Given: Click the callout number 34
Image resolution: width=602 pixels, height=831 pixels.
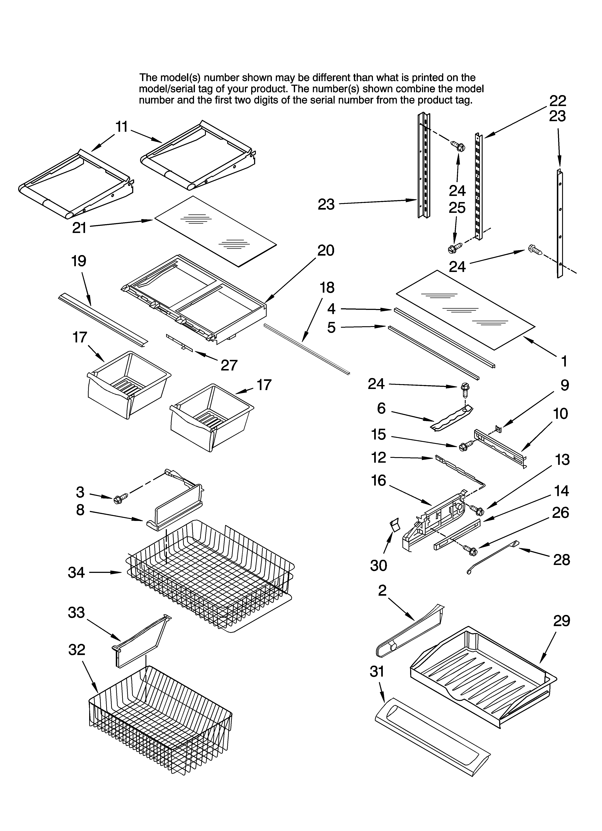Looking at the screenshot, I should pyautogui.click(x=76, y=572).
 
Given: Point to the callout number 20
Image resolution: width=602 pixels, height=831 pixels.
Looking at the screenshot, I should pyautogui.click(x=326, y=251).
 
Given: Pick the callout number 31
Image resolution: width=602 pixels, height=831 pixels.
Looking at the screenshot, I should pyautogui.click(x=377, y=672).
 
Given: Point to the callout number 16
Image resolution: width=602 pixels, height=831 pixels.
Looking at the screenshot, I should pyautogui.click(x=378, y=480).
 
